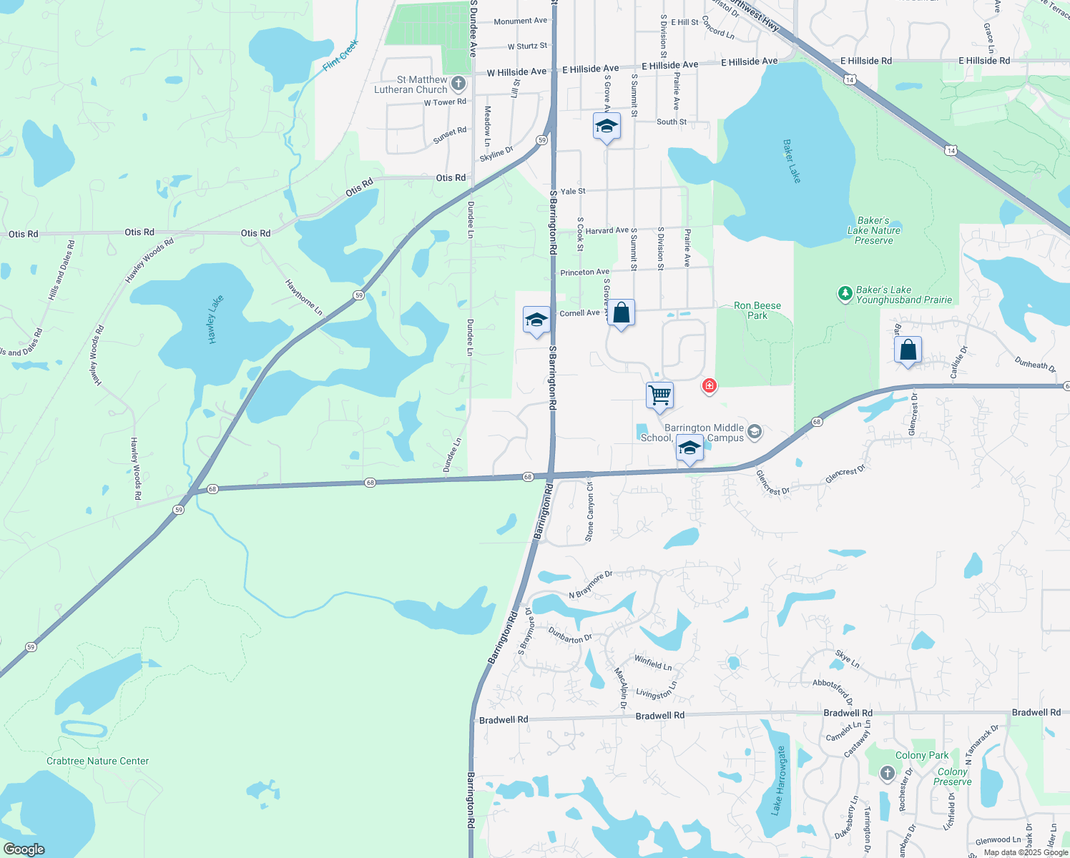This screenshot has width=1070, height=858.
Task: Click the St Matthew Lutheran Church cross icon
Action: [458, 84]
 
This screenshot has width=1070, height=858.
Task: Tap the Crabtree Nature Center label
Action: [98, 761]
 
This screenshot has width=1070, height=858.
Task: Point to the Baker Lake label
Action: [792, 161]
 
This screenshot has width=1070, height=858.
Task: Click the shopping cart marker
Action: [659, 395]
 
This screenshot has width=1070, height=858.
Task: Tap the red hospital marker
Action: [709, 385]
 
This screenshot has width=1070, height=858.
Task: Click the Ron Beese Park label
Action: [757, 310]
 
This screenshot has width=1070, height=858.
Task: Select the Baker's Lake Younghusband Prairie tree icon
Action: [845, 293]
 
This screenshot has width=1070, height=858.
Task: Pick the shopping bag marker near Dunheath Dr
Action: [908, 350]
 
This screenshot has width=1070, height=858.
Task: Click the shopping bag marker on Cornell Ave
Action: [622, 313]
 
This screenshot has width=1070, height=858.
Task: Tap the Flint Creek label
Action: [340, 55]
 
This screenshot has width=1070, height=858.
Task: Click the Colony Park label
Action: [922, 755]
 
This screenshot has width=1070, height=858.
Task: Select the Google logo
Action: [24, 849]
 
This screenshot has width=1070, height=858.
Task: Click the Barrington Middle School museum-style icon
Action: [754, 431]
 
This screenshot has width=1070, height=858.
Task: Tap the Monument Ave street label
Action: [520, 21]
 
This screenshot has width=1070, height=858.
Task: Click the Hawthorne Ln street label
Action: [304, 297]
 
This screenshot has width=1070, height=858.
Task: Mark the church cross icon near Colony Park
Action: [887, 773]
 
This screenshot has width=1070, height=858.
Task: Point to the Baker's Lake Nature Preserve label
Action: [874, 230]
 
